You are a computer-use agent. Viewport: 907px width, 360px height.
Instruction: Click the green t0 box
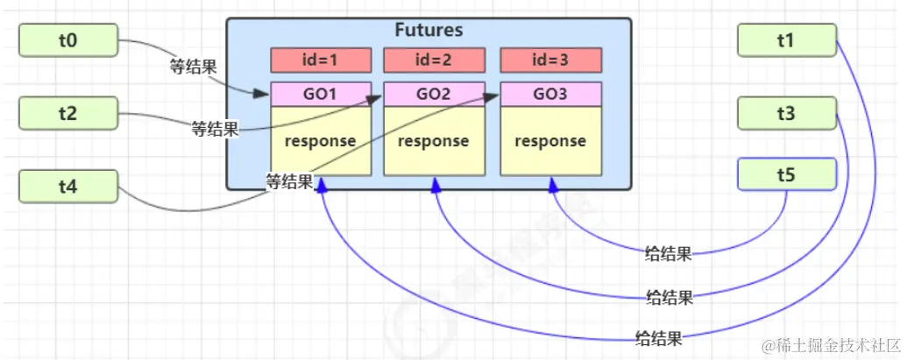point(67,39)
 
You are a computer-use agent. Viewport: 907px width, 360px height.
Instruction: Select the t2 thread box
point(67,113)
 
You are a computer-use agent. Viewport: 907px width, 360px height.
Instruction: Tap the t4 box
point(67,186)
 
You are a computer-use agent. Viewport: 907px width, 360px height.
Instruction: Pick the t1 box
point(786,39)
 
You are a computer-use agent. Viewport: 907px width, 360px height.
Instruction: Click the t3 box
point(786,113)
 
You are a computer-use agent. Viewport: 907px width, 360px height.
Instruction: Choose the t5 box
point(786,173)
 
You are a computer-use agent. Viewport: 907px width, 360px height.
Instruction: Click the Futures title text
point(429,31)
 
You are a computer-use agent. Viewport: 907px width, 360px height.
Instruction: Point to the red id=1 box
point(321,60)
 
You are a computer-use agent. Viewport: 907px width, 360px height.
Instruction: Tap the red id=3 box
point(550,60)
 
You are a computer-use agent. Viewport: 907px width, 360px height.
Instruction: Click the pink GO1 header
point(321,93)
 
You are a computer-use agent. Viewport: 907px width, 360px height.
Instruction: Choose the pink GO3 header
point(550,93)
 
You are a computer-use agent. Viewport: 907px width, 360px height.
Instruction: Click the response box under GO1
point(321,140)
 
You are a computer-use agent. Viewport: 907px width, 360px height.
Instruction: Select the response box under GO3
point(550,140)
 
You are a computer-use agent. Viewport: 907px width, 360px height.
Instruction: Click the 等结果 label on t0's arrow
point(193,67)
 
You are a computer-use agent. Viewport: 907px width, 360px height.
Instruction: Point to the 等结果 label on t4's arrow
point(289,182)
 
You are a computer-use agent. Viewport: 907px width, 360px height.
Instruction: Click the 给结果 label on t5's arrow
point(668,255)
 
